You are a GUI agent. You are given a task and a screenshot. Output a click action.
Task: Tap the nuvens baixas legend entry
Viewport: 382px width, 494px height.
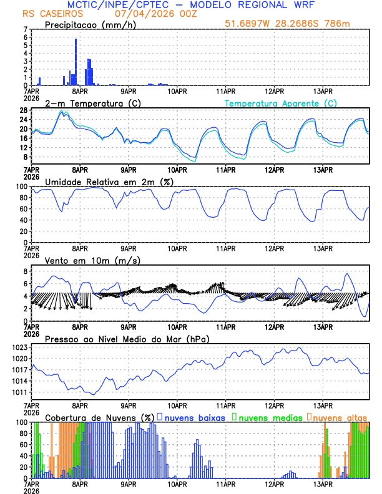(x=194, y=417)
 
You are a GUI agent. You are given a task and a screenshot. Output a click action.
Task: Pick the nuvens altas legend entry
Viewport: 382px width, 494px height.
(x=339, y=417)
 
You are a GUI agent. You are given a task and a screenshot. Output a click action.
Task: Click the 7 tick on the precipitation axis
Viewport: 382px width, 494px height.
(x=26, y=29)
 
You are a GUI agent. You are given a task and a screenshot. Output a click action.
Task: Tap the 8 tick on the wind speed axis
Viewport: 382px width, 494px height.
(x=26, y=272)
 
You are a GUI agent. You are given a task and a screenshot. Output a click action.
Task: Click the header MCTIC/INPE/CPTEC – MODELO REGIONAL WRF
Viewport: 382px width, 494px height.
(x=191, y=4)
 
